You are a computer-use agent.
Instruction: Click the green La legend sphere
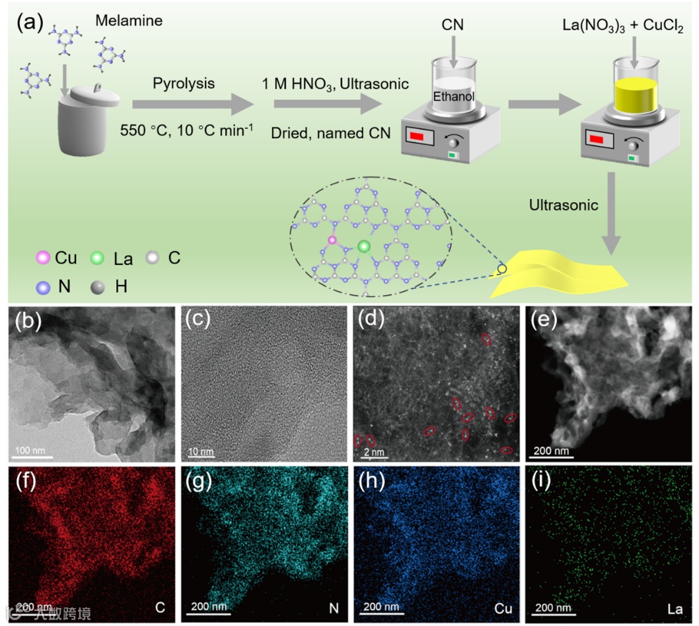[97, 258]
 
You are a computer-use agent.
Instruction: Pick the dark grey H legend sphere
[97, 288]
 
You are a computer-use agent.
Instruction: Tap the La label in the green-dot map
[675, 607]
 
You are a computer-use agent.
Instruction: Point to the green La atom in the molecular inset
[363, 247]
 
